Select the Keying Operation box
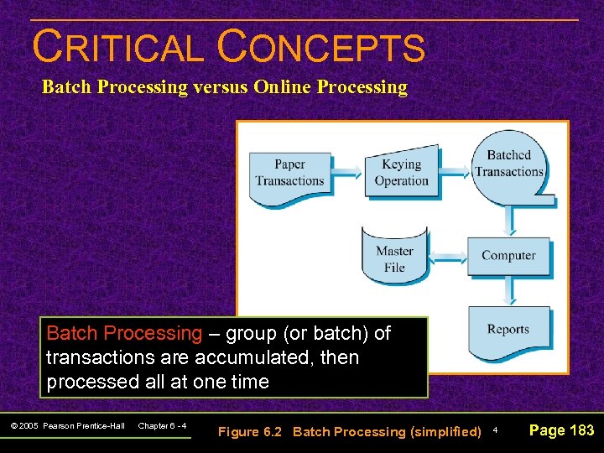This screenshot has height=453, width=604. click(x=401, y=173)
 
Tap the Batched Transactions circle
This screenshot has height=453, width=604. click(x=508, y=164)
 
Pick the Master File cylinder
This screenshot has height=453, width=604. click(x=393, y=256)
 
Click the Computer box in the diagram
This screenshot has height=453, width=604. click(x=508, y=256)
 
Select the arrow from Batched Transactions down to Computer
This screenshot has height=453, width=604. click(x=508, y=220)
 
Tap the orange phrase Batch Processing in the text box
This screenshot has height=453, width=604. click(x=124, y=333)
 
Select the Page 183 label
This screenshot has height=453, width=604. click(x=561, y=430)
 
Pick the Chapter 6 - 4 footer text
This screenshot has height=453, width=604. click(x=162, y=426)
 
